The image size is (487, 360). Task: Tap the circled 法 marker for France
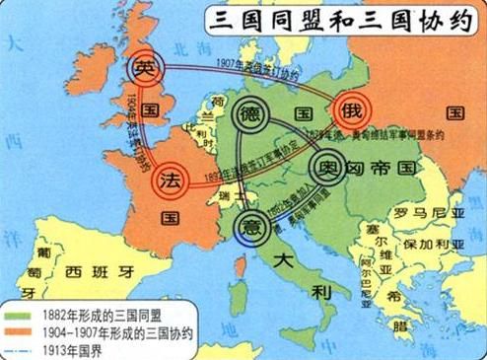[x=171, y=180]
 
